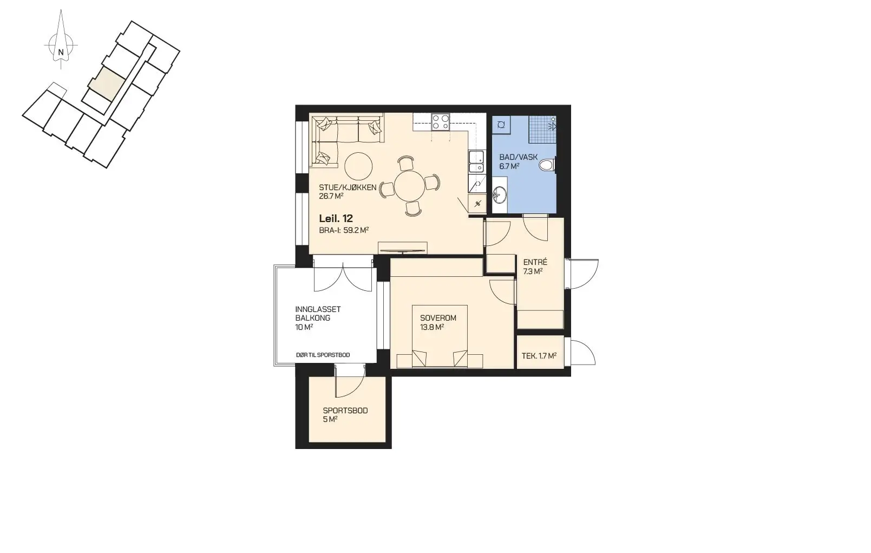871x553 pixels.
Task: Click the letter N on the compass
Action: (x=61, y=52)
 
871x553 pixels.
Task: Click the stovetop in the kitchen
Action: (x=441, y=121)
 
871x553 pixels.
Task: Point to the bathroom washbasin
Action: (x=500, y=193)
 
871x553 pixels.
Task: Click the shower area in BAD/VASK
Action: (x=542, y=129)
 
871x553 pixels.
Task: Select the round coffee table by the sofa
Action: (x=358, y=166)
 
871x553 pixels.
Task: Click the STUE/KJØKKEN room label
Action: (x=348, y=187)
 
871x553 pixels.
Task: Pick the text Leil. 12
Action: (x=336, y=218)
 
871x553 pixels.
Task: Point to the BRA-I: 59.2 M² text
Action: (x=344, y=230)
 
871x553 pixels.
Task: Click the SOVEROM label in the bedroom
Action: (x=438, y=318)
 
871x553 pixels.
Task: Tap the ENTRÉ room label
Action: (x=535, y=262)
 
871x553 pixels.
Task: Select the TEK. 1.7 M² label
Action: (x=539, y=356)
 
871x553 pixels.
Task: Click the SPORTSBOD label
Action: (x=345, y=411)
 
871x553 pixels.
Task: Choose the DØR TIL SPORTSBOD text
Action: (x=323, y=355)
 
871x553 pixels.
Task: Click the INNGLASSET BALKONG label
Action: (x=318, y=314)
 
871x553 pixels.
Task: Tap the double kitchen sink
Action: (x=476, y=161)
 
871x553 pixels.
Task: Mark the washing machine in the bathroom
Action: (x=502, y=125)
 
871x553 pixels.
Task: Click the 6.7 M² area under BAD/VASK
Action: (x=509, y=167)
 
